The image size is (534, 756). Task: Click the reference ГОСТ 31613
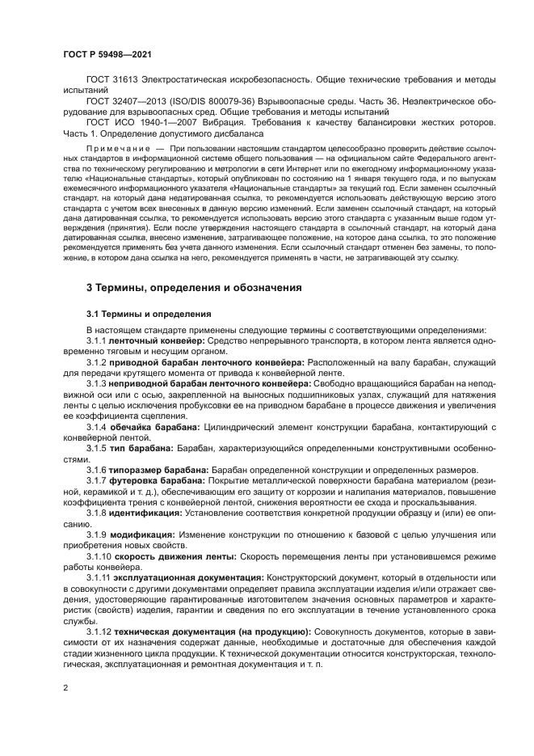(113, 79)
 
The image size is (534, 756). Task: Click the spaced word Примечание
(120, 150)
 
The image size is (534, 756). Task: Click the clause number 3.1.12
(99, 630)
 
